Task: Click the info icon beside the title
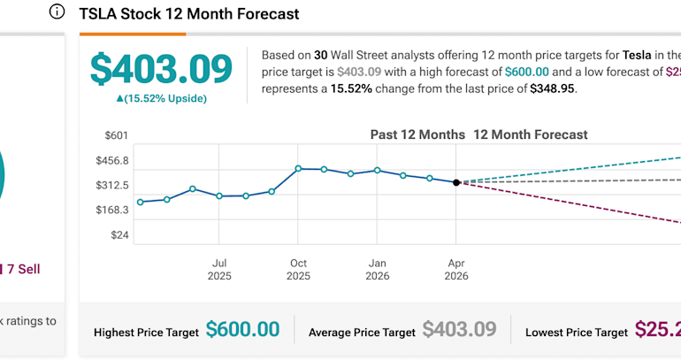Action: (x=57, y=12)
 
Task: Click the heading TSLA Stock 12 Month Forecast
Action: (x=189, y=14)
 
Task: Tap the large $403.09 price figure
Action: (x=161, y=69)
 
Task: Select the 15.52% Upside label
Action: (x=161, y=98)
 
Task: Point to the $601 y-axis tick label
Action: (x=117, y=135)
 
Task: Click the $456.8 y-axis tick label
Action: (x=111, y=161)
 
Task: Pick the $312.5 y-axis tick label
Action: (x=111, y=186)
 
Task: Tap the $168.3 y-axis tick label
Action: (x=111, y=211)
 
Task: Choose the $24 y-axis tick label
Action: (x=119, y=235)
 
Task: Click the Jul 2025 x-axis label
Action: (x=219, y=269)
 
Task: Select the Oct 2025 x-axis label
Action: (x=298, y=269)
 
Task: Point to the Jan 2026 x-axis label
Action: (x=378, y=269)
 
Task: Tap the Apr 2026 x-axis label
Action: (x=456, y=269)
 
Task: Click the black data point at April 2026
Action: (x=456, y=182)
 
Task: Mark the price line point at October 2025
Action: (x=298, y=168)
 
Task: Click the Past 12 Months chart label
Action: (x=417, y=135)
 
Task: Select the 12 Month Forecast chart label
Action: (x=531, y=135)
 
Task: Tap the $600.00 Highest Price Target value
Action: (x=242, y=330)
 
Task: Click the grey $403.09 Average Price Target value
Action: (x=459, y=330)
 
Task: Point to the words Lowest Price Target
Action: (x=577, y=333)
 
